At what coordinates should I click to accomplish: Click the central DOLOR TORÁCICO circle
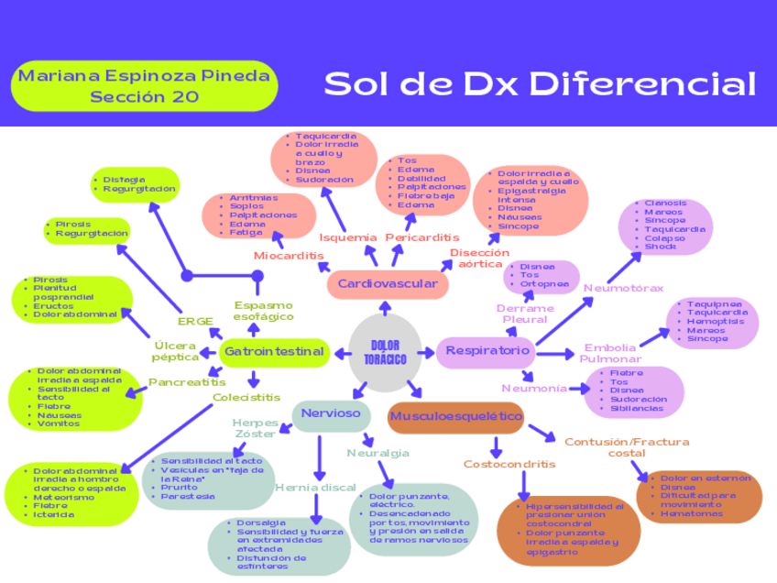pos(385,351)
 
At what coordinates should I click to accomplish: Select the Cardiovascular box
pos(387,284)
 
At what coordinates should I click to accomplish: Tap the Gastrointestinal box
pos(275,351)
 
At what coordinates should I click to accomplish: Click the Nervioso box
pos(331,413)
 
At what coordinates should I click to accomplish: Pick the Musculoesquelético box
pos(455,417)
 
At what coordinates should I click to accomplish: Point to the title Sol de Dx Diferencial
pos(540,84)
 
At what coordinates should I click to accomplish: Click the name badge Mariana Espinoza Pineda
pos(144,85)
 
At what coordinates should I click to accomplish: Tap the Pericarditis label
pos(422,238)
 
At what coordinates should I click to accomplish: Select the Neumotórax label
pos(623,288)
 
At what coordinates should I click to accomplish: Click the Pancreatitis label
pos(187,381)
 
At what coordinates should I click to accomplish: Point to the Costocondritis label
pos(509,464)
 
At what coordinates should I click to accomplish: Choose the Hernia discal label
pos(315,488)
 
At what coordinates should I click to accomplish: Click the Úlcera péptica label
pos(174,351)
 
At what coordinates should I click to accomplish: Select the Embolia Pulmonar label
pos(609,353)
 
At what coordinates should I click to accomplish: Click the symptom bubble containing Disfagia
pos(136,184)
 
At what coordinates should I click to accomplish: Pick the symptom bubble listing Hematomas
pos(706,496)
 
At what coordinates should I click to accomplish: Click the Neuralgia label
pos(378,453)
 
